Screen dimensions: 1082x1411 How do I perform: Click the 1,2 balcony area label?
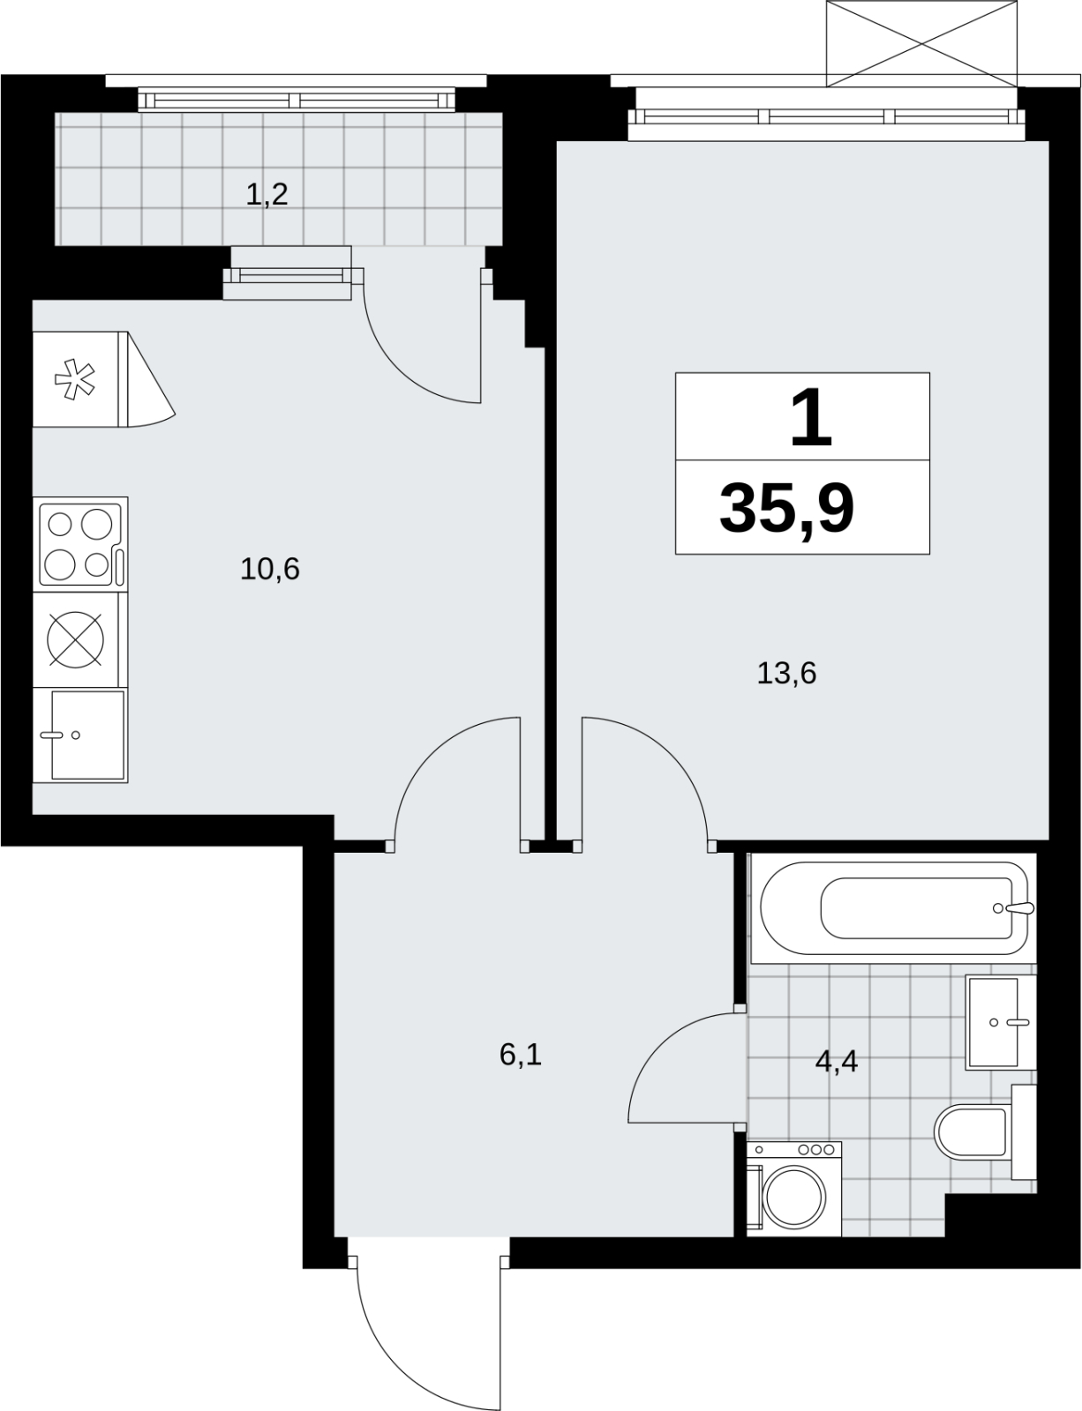click(x=267, y=194)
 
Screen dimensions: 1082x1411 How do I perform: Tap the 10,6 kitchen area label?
click(x=270, y=570)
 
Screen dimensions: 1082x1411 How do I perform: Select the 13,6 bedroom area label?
click(x=786, y=674)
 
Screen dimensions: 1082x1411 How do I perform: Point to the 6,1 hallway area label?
click(x=521, y=1055)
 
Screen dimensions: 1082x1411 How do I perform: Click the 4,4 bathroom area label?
click(x=837, y=1062)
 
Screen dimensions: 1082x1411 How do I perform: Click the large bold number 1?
click(x=811, y=417)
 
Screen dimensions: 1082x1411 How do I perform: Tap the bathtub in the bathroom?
click(x=893, y=907)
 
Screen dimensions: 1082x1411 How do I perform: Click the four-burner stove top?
click(x=80, y=544)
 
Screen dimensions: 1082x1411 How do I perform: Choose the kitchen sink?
click(x=80, y=735)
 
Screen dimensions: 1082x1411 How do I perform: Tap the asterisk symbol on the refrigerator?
click(x=75, y=379)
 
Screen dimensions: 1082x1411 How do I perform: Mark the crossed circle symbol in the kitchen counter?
click(x=76, y=639)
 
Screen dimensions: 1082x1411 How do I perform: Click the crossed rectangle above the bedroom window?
click(x=921, y=43)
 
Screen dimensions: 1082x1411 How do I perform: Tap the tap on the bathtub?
click(x=1017, y=907)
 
